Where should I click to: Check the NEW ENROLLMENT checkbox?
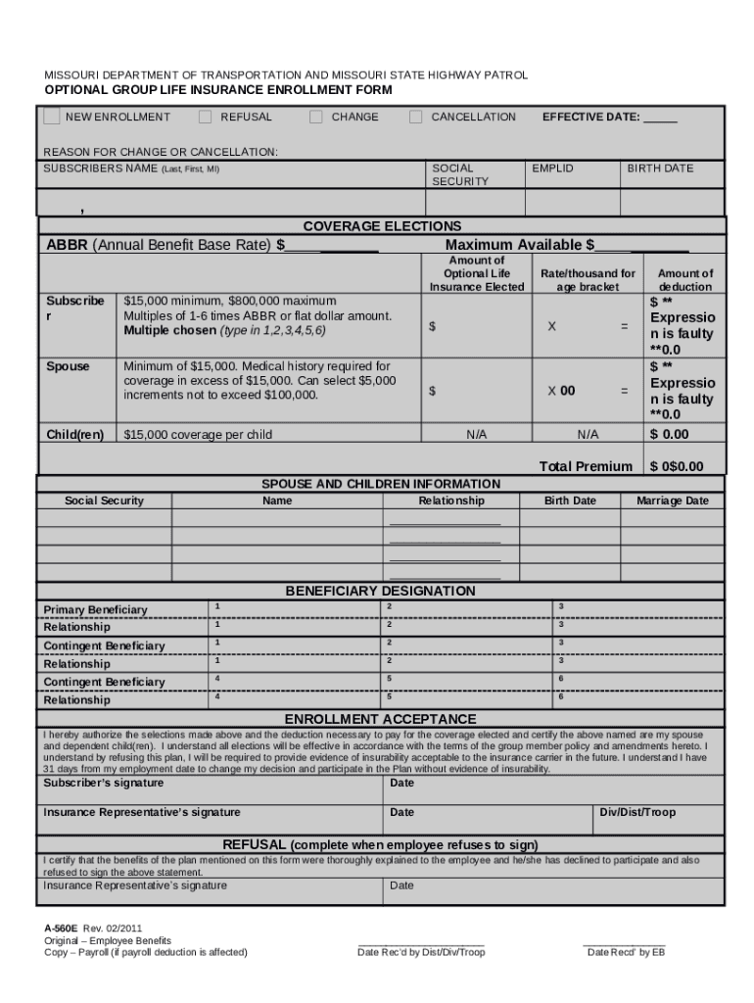pyautogui.click(x=52, y=117)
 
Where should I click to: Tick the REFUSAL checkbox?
pyautogui.click(x=206, y=117)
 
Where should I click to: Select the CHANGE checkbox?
pyautogui.click(x=316, y=117)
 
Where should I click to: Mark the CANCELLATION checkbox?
pyautogui.click(x=416, y=117)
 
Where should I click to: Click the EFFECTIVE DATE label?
pyautogui.click(x=591, y=117)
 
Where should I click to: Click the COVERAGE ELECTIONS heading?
pyautogui.click(x=382, y=226)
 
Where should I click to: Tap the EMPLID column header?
pyautogui.click(x=552, y=168)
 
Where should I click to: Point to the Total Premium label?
pyautogui.click(x=586, y=466)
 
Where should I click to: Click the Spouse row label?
pyautogui.click(x=68, y=366)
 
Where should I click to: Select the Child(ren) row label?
pyautogui.click(x=75, y=434)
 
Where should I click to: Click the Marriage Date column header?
pyautogui.click(x=672, y=501)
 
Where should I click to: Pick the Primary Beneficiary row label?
pyautogui.click(x=95, y=610)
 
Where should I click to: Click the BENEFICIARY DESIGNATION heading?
pyautogui.click(x=380, y=591)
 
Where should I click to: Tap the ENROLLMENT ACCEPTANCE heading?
pyautogui.click(x=380, y=719)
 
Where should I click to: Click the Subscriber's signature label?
pyautogui.click(x=104, y=783)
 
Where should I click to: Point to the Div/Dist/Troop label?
pyautogui.click(x=638, y=812)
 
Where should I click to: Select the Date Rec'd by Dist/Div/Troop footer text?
pyautogui.click(x=421, y=952)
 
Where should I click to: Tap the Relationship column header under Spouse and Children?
pyautogui.click(x=451, y=501)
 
